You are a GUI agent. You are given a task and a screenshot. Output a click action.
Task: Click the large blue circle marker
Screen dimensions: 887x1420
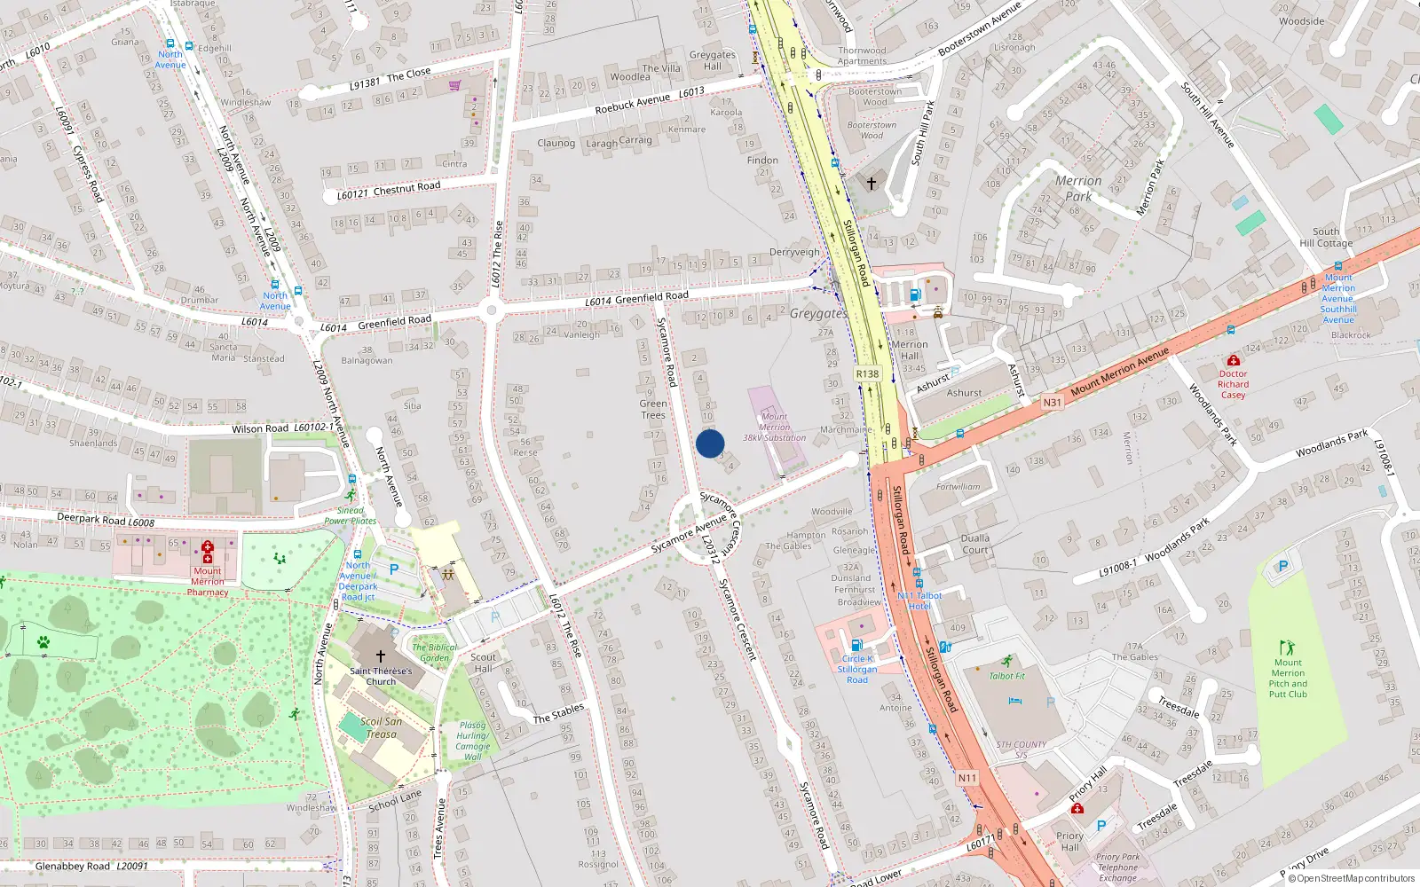[x=710, y=443]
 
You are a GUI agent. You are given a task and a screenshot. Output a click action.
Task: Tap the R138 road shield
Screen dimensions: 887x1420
[x=867, y=374]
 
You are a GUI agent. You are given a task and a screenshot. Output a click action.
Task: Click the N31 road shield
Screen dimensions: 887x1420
[x=1052, y=403]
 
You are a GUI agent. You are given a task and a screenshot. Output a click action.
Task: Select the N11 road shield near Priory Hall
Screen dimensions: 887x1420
[x=967, y=778]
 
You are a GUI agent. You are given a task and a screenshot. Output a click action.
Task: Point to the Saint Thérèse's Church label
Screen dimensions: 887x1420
[x=381, y=676]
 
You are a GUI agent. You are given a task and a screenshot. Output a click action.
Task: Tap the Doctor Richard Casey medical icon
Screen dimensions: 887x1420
[x=1233, y=360]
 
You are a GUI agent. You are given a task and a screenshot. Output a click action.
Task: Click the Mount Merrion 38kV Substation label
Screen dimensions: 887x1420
[x=774, y=427]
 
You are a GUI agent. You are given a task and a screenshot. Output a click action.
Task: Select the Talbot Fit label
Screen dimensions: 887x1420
[x=1007, y=676]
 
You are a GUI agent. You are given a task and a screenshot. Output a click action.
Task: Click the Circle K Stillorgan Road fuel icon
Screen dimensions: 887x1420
[x=856, y=645]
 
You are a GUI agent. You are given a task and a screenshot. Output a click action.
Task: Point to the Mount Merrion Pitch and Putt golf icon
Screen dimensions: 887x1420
[x=1287, y=648]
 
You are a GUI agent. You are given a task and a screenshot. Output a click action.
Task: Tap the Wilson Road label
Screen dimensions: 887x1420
[x=260, y=428]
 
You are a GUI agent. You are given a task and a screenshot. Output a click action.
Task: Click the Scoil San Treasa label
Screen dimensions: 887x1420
[x=382, y=727]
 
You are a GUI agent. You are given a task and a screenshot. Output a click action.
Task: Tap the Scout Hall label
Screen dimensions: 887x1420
[x=484, y=663]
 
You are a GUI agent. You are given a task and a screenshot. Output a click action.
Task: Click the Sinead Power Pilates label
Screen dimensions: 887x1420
[x=350, y=515]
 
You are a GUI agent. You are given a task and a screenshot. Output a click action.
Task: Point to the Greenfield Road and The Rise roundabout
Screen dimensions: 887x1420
[x=491, y=310]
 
